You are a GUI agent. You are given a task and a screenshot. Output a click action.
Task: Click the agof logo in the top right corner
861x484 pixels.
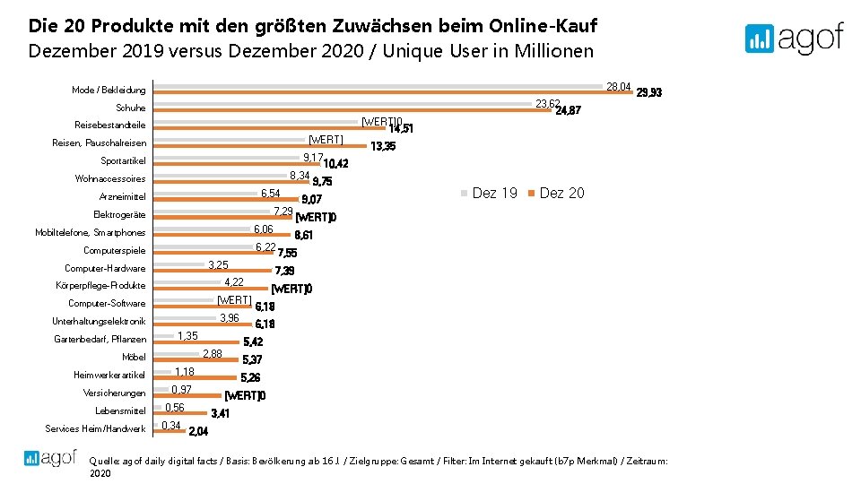pyautogui.click(x=794, y=38)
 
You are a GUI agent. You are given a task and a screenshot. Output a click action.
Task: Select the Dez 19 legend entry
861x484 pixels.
pyautogui.click(x=489, y=193)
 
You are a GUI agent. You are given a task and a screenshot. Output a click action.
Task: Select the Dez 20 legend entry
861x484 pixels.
pyautogui.click(x=556, y=193)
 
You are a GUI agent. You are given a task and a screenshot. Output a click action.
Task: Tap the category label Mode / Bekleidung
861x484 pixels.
pyautogui.click(x=109, y=91)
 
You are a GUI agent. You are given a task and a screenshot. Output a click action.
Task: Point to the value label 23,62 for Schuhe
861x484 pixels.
pyautogui.click(x=547, y=104)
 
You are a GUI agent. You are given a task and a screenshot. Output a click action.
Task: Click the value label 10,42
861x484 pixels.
pyautogui.click(x=335, y=164)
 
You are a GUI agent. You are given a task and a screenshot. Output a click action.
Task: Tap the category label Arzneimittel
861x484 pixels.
pyautogui.click(x=122, y=197)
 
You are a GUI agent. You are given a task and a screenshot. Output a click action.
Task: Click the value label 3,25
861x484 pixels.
pyautogui.click(x=218, y=264)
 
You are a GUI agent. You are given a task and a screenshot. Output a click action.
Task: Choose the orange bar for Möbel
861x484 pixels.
pyautogui.click(x=197, y=360)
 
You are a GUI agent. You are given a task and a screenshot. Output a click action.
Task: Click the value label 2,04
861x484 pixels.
pyautogui.click(x=198, y=431)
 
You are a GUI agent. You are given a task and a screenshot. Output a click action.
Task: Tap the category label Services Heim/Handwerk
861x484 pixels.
pyautogui.click(x=95, y=429)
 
